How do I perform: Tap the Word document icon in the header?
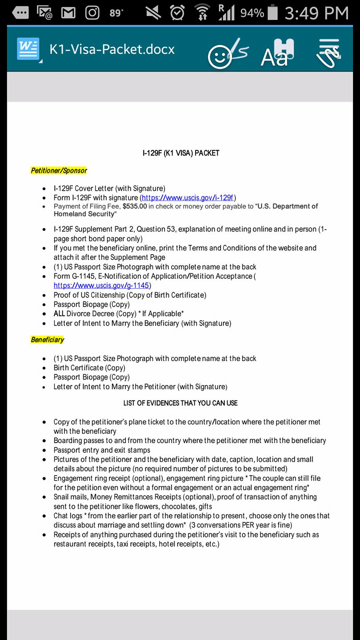28,49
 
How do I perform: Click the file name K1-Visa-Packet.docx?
112,49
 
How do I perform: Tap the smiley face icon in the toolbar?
220,57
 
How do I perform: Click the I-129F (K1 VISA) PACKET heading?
180,153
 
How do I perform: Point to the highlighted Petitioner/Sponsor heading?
59,171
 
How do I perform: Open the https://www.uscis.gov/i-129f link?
188,198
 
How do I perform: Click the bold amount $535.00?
135,206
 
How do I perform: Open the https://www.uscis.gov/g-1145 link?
101,285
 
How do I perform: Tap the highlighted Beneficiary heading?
48,340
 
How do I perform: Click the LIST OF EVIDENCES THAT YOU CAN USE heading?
180,403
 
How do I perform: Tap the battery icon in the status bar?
273,13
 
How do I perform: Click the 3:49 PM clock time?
316,13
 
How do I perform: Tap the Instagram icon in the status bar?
92,13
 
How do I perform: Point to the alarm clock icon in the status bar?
177,13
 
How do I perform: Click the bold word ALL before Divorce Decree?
59,314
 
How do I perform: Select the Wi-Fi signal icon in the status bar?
202,13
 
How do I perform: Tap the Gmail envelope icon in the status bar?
68,13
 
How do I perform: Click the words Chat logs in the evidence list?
68,516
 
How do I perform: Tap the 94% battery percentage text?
252,13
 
